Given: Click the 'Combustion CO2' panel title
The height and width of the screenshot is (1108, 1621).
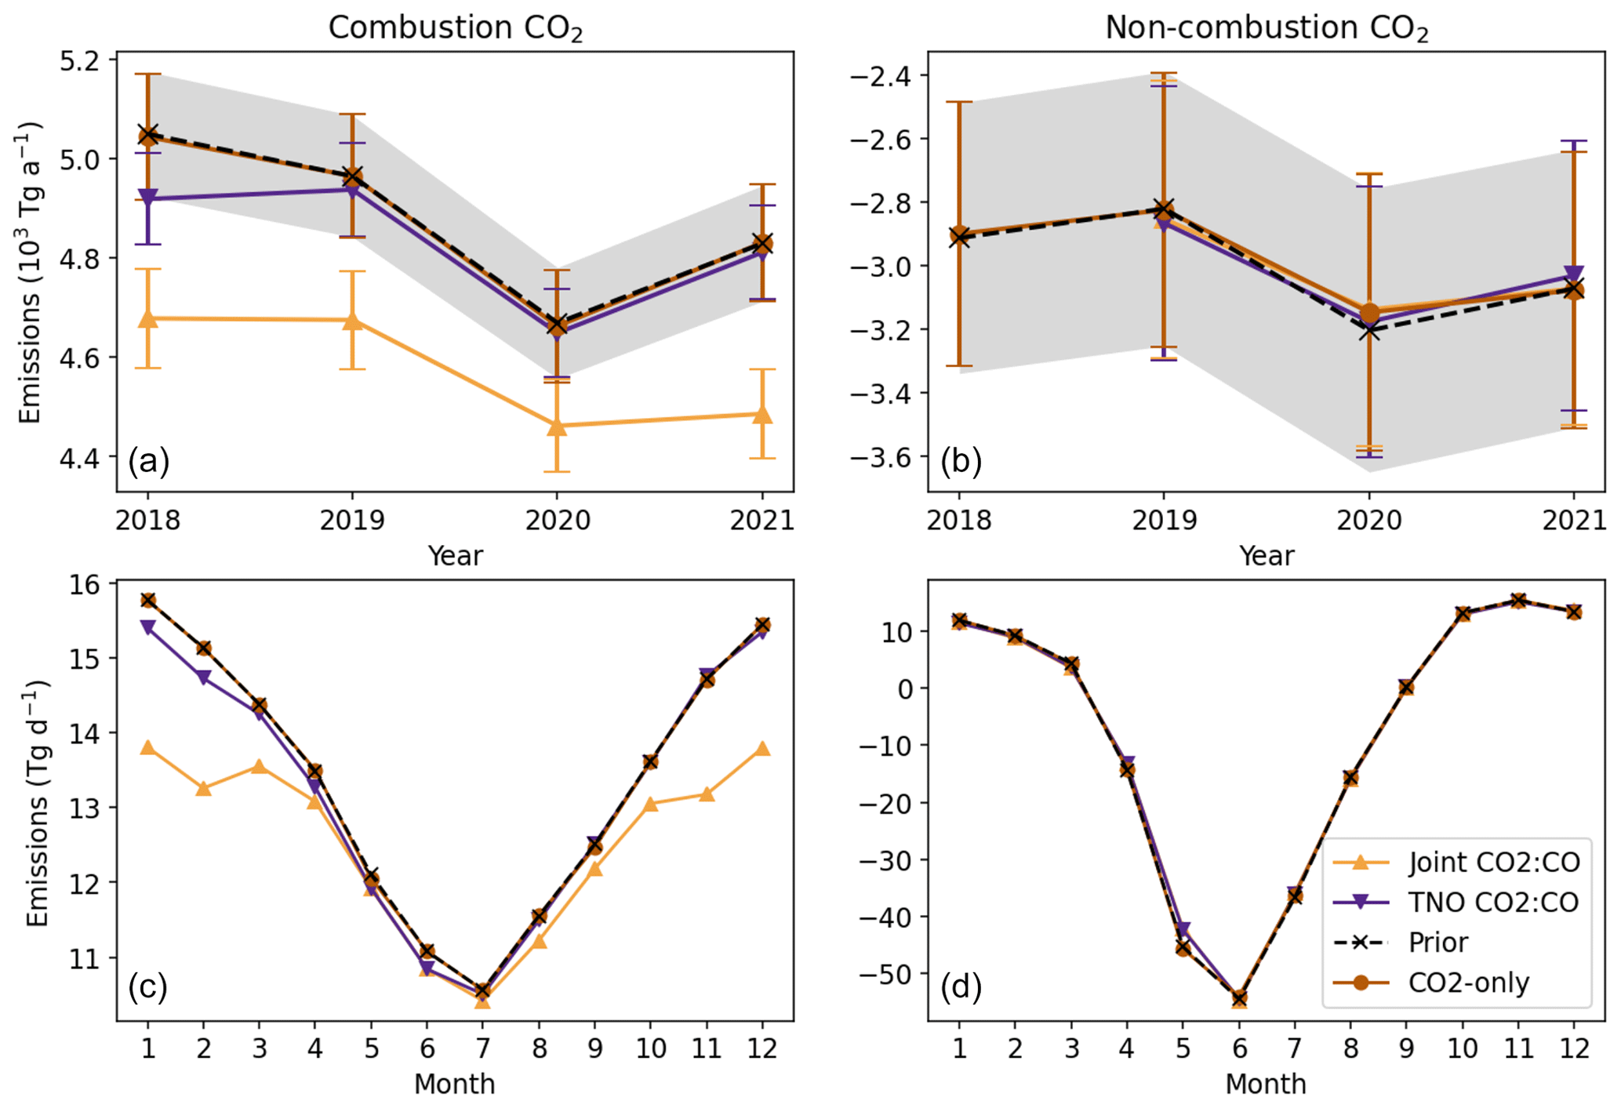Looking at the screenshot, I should click(x=455, y=28).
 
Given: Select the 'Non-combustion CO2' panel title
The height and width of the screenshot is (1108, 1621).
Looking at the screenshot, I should click(x=1266, y=28).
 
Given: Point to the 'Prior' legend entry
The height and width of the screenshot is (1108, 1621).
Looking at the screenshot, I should click(x=1437, y=942).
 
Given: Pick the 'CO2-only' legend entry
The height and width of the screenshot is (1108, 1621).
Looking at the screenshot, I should click(x=1468, y=983).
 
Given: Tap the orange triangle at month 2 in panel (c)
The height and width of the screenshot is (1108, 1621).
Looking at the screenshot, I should click(x=204, y=788).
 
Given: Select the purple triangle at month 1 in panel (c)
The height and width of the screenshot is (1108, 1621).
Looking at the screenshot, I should click(x=147, y=627).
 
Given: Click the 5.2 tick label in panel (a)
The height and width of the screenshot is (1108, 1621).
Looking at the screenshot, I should click(x=85, y=60).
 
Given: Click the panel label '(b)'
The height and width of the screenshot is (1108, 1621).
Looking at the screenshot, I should click(x=961, y=461).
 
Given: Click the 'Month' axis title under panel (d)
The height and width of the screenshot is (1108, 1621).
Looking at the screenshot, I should click(x=1266, y=1084).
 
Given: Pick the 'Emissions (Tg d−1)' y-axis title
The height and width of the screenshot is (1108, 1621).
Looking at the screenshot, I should click(x=37, y=803).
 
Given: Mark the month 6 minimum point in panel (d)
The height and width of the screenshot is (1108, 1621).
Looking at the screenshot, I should click(x=1239, y=998).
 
